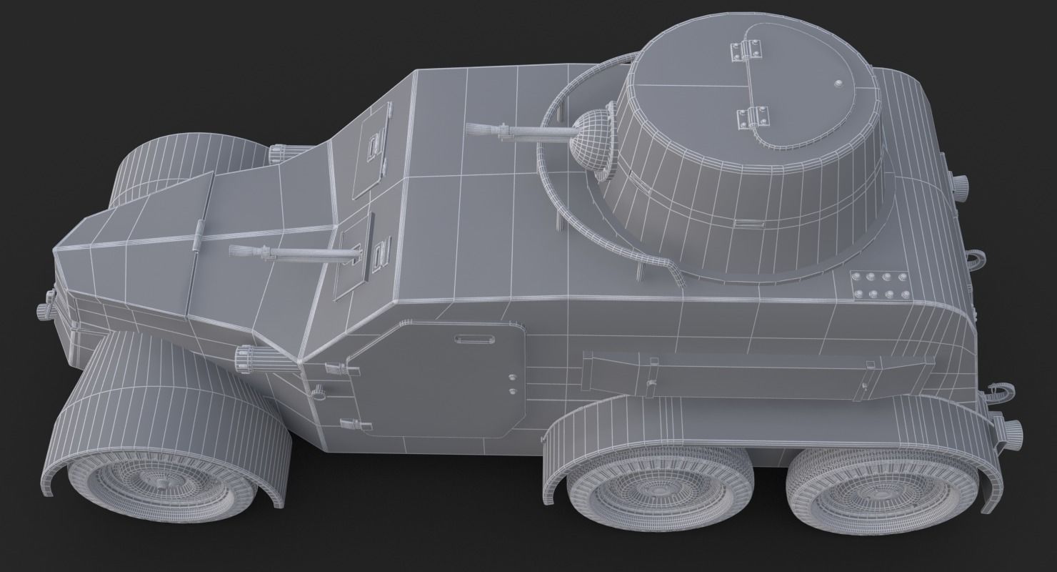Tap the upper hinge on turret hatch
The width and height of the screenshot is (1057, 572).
click(x=744, y=49)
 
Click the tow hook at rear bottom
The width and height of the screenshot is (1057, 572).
click(x=998, y=393)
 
